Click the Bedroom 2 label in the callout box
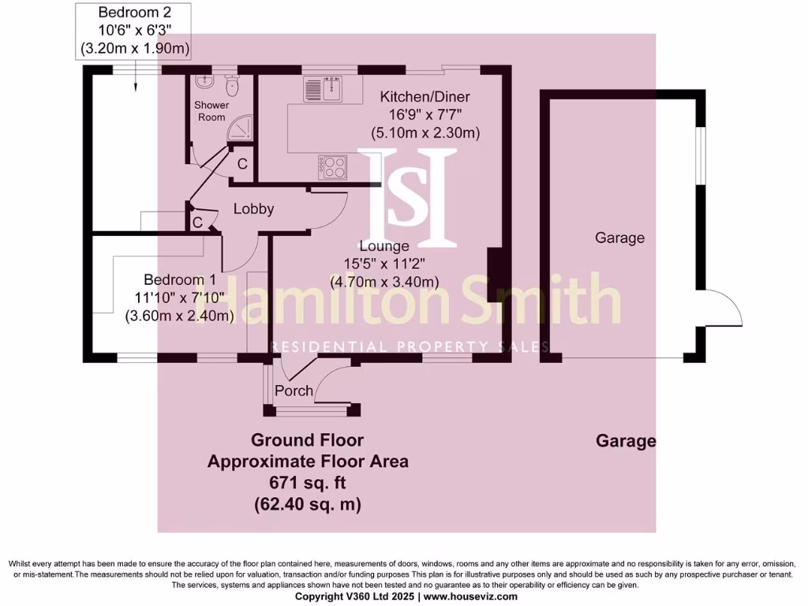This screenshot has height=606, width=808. (x=134, y=13)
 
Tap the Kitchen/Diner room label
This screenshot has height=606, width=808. (x=425, y=97)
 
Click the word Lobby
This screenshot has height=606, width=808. (x=253, y=209)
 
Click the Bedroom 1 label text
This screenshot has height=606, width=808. (x=179, y=280)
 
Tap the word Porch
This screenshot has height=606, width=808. (x=294, y=391)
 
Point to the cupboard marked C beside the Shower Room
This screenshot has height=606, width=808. (x=242, y=164)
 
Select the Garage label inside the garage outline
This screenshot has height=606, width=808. (x=619, y=238)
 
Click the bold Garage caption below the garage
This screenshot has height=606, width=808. (x=626, y=441)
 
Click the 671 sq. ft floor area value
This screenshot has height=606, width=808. (x=308, y=483)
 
